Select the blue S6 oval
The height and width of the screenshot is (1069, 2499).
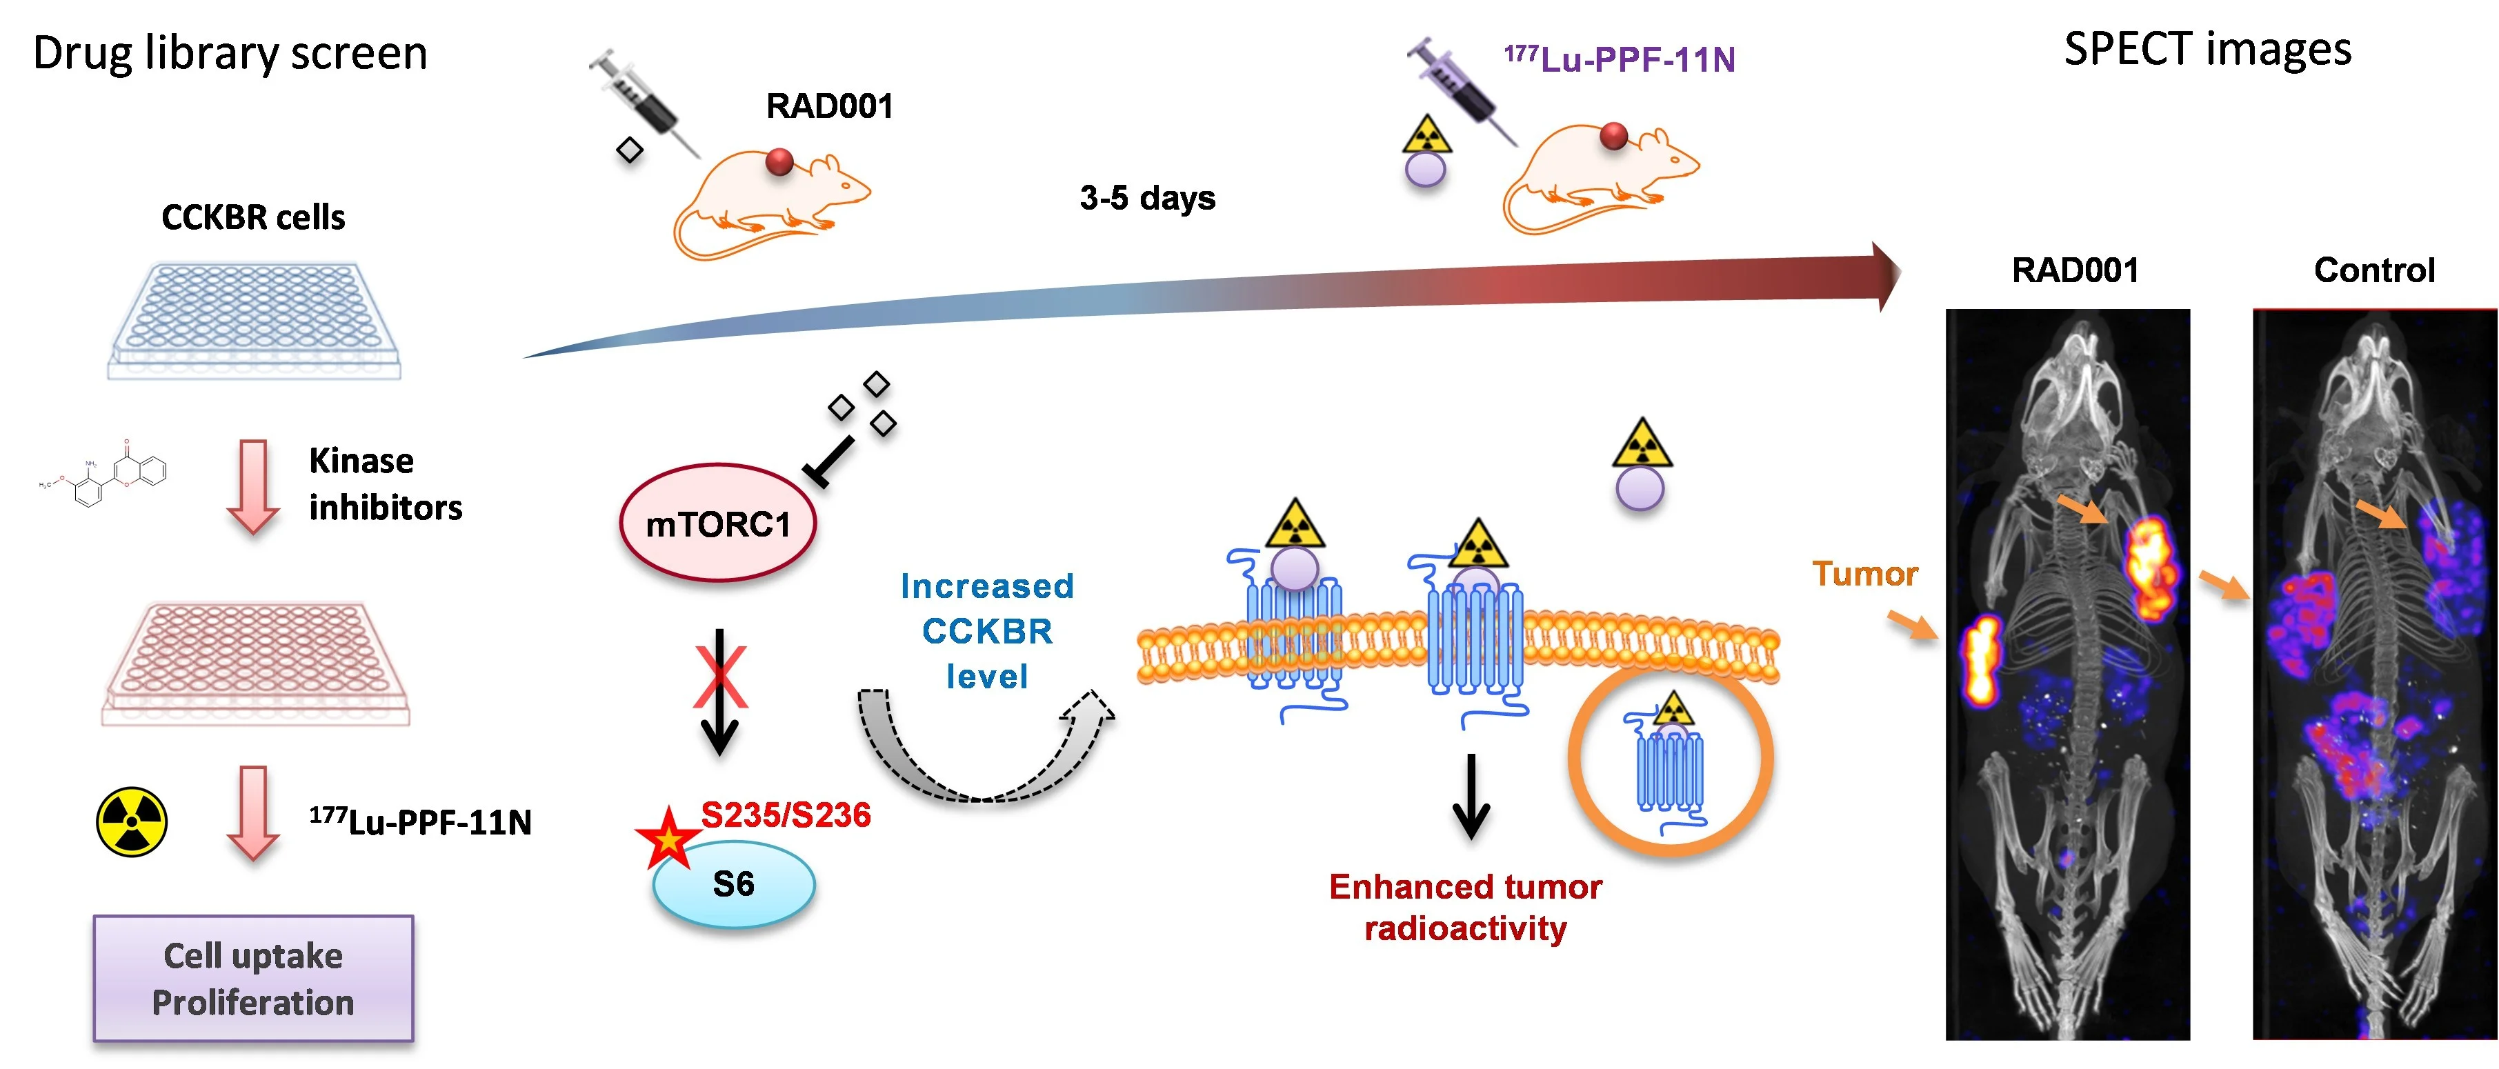coord(733,883)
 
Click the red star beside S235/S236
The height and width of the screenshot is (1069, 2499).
coord(668,837)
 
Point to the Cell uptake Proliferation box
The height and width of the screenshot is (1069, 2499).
coord(253,978)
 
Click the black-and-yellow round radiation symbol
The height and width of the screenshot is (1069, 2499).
coord(132,821)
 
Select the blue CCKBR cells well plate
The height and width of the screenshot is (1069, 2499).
coord(254,320)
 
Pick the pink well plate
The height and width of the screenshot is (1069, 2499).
coord(256,663)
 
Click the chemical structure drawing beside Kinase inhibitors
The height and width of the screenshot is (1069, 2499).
coord(103,475)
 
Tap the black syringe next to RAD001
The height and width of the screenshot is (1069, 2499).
coord(643,103)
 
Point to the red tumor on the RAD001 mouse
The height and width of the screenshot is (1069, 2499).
coord(779,161)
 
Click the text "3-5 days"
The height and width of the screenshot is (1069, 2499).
coord(1148,198)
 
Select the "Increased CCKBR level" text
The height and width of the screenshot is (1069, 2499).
coord(986,630)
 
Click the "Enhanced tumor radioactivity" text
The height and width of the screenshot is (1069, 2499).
coord(1465,907)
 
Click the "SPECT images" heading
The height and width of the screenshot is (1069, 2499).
coord(2207,48)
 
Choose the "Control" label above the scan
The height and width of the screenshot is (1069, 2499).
coord(2374,270)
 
